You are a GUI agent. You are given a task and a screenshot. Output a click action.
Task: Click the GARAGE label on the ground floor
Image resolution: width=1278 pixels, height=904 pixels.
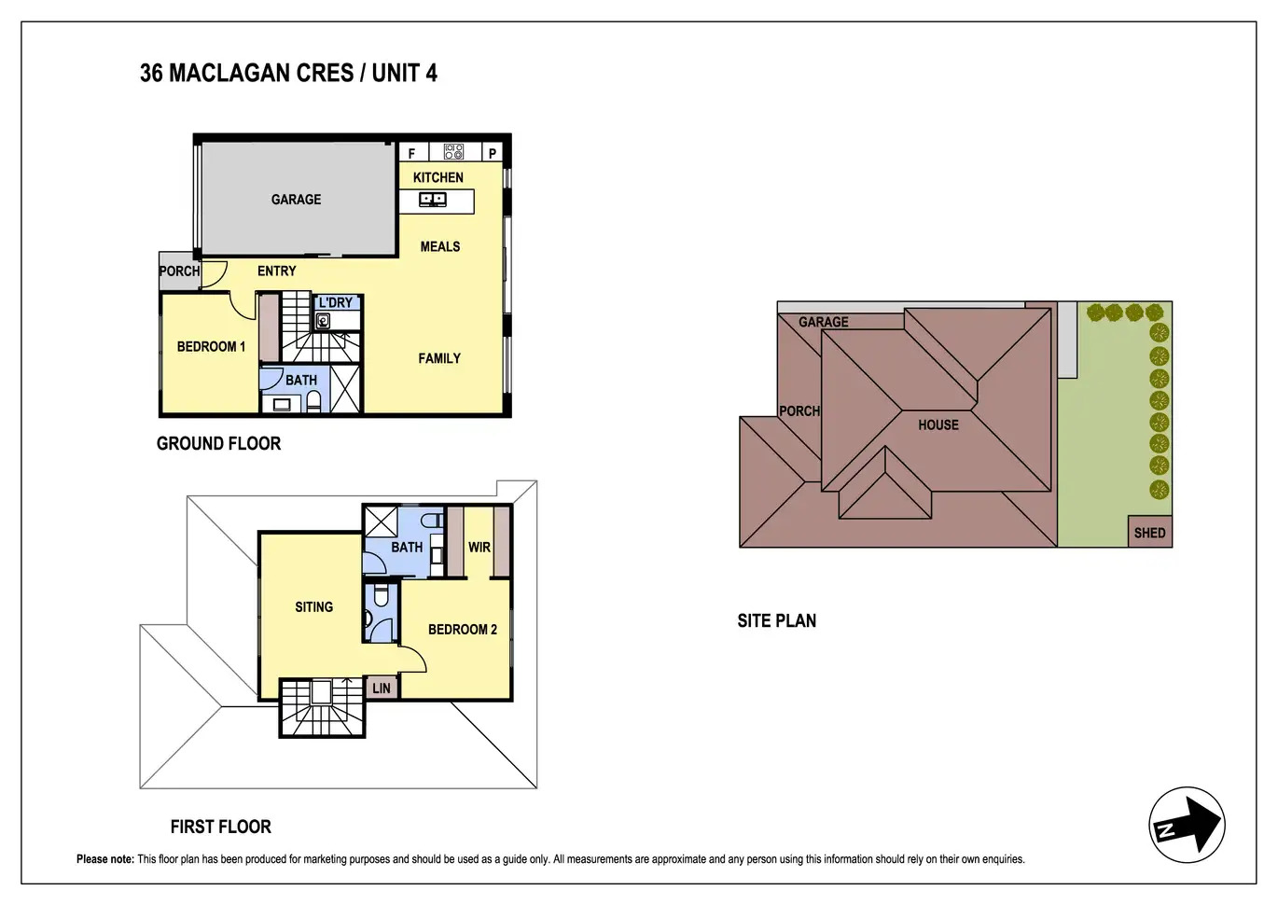[x=296, y=199]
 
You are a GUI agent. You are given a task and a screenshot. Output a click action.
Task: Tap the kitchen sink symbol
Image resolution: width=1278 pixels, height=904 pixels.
[x=433, y=199]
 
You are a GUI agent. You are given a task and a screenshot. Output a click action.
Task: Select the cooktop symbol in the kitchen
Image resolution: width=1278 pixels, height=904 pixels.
[x=453, y=151]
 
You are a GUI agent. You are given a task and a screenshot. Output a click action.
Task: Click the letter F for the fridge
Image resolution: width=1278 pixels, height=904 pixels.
[x=411, y=154]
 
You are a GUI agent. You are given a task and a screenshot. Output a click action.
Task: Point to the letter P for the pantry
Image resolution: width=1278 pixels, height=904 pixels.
[x=493, y=154]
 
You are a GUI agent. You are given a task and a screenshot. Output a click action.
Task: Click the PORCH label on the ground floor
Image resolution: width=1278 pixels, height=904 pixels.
[x=179, y=271]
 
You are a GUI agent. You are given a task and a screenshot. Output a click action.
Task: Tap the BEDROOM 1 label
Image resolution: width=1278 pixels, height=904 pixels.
[x=211, y=346]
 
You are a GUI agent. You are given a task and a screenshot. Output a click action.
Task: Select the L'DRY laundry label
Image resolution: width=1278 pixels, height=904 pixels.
[x=336, y=302]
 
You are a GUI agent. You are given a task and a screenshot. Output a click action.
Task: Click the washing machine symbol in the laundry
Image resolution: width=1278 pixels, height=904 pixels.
[x=323, y=321]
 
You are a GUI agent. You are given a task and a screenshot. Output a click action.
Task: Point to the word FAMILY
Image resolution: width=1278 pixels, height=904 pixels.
[x=439, y=358]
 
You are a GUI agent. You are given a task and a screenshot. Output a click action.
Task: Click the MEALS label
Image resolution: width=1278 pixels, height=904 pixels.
[x=440, y=246]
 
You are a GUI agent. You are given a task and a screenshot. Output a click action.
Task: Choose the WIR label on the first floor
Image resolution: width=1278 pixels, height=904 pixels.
[x=479, y=548]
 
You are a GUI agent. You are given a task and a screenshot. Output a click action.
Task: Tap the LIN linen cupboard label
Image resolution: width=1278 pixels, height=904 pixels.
[x=382, y=688]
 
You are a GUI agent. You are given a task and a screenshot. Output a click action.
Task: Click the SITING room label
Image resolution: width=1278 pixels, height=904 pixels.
[x=313, y=606]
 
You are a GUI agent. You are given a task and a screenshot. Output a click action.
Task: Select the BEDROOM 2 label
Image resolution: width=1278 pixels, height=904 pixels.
[x=463, y=630]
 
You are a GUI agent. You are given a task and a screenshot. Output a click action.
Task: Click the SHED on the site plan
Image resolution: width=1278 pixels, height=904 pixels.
[x=1149, y=532]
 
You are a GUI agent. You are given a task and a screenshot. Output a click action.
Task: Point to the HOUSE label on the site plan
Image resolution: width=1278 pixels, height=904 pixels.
[x=938, y=425]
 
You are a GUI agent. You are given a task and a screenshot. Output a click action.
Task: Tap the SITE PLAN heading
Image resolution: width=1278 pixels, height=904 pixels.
[x=776, y=621]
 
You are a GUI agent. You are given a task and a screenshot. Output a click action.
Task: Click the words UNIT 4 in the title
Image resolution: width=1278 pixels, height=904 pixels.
[x=405, y=73]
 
